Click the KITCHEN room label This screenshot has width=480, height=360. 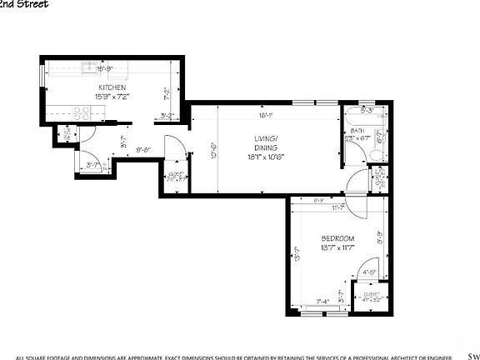[x=112, y=87]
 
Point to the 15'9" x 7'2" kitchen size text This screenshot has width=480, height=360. [x=112, y=97]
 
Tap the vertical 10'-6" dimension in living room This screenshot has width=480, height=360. [x=214, y=151]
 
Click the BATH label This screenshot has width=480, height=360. [x=357, y=131]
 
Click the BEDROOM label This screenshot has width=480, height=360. [x=337, y=238]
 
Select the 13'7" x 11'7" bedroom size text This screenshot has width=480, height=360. [x=337, y=248]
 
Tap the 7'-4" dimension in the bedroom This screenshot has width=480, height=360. [x=323, y=302]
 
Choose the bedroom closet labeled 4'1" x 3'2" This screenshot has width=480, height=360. [x=371, y=297]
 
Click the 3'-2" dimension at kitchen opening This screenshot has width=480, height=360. [x=167, y=116]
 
